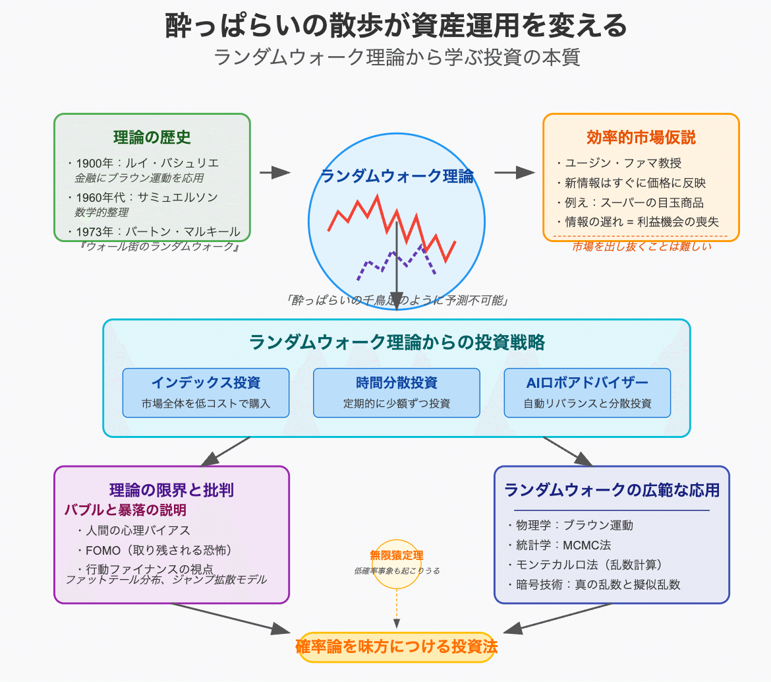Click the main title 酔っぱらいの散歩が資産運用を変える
[x=396, y=27]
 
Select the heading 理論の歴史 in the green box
[x=152, y=137]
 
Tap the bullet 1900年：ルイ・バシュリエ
[x=148, y=164]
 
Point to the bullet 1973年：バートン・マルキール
[x=158, y=232]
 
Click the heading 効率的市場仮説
[x=641, y=137]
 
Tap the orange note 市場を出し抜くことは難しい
[x=641, y=247]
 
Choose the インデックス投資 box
[x=206, y=392]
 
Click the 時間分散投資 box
[x=396, y=392]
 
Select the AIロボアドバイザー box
[x=587, y=392]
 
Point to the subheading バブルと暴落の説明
[x=125, y=510]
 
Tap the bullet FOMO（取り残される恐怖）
[x=158, y=549]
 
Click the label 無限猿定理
[x=397, y=555]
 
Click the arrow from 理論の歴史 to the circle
[x=275, y=173]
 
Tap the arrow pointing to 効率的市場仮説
[x=514, y=173]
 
